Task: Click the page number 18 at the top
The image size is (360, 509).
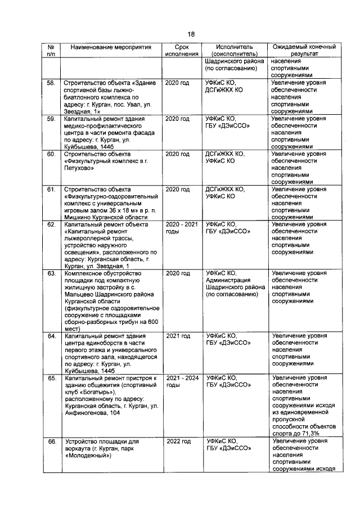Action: pos(191,34)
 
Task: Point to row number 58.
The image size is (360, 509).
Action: pos(51,83)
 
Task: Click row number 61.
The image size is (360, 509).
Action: pos(51,189)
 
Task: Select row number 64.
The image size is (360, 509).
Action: pos(51,336)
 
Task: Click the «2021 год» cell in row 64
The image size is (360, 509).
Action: pos(178,336)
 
